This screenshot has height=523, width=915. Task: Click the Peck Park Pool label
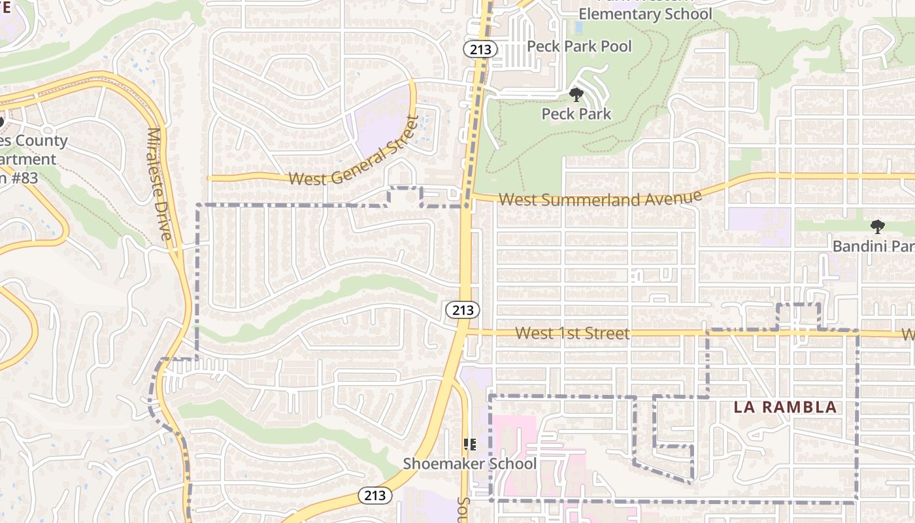579,46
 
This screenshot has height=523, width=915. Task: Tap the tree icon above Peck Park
576,95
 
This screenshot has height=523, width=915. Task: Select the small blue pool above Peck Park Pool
578,28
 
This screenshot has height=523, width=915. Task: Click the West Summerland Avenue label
600,198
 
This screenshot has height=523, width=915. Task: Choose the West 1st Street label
573,333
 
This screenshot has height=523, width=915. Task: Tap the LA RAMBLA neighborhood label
785,407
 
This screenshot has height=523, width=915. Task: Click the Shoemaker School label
469,464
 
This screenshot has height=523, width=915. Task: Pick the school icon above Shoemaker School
469,445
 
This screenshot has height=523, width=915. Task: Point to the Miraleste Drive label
161,184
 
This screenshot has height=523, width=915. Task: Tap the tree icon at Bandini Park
877,227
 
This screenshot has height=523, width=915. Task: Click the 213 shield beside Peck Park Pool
480,49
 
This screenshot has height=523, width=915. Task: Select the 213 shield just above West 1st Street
463,310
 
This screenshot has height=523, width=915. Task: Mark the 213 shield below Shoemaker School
375,496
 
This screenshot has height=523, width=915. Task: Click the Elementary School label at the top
645,14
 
